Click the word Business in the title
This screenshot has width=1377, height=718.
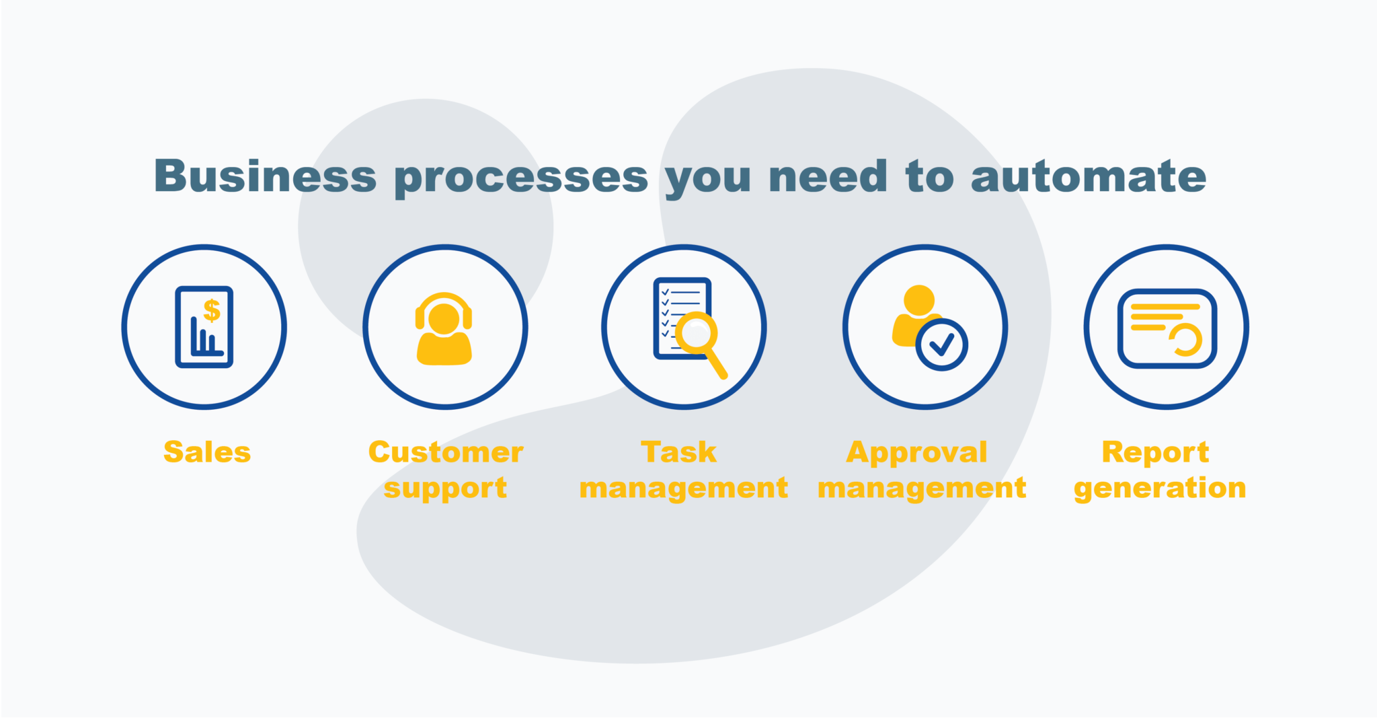[266, 176]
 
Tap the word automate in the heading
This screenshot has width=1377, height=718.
[1089, 176]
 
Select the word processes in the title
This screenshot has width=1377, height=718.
[521, 179]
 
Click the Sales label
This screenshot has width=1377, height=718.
[207, 452]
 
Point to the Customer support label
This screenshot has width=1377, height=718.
[446, 470]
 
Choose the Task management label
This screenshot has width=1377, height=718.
[683, 470]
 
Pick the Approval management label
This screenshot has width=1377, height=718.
[922, 470]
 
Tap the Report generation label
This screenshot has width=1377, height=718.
[1160, 470]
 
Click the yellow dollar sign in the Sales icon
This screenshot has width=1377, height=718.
[212, 310]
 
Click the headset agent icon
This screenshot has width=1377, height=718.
[444, 328]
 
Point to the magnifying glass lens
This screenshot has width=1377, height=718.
[697, 332]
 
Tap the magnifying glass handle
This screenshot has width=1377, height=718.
[717, 364]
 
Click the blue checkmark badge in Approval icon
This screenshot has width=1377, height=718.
[941, 345]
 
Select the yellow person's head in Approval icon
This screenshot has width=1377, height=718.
[919, 300]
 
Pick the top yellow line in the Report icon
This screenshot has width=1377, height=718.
[1165, 307]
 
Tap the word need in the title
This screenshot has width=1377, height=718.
[828, 176]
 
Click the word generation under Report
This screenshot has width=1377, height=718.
[1160, 489]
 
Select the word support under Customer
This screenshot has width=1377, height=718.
[445, 489]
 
